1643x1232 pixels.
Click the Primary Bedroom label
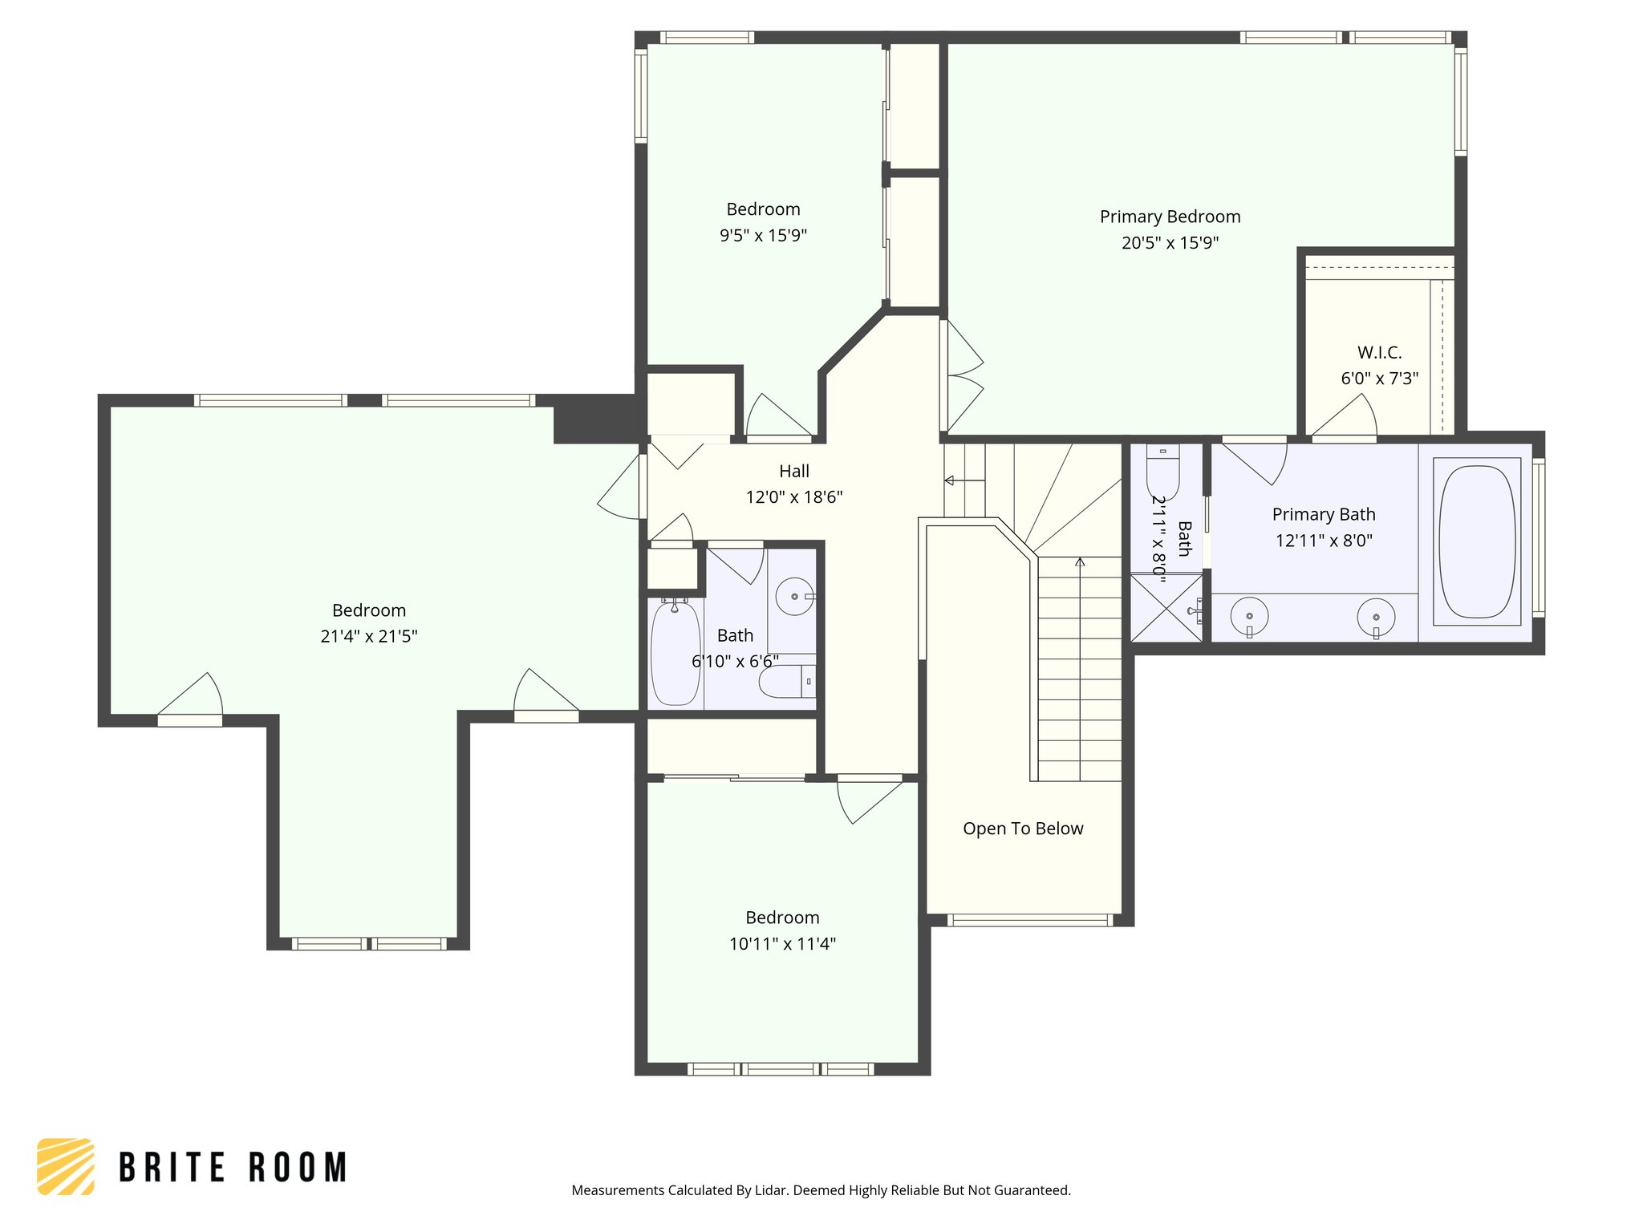click(x=1170, y=217)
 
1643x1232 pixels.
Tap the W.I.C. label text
click(x=1379, y=352)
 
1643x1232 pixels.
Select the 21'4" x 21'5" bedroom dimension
click(x=369, y=636)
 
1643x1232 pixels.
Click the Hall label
click(x=794, y=471)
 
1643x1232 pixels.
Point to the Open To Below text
click(x=1023, y=829)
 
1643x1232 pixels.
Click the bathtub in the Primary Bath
click(x=1477, y=542)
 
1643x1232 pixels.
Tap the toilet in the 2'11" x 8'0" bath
click(x=1162, y=472)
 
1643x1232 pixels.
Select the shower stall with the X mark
click(x=1167, y=608)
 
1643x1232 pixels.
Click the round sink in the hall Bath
click(x=795, y=597)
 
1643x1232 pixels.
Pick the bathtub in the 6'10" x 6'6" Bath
click(x=675, y=653)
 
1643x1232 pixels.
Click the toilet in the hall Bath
click(x=787, y=682)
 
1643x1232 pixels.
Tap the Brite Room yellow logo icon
click(x=66, y=1166)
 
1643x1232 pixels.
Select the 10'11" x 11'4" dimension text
click(x=782, y=944)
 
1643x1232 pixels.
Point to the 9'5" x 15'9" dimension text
click(x=763, y=235)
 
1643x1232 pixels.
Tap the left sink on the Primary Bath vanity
click(x=1249, y=617)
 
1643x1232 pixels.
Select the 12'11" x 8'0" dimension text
click(x=1324, y=541)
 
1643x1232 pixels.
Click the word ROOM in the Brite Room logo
click(x=298, y=1167)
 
